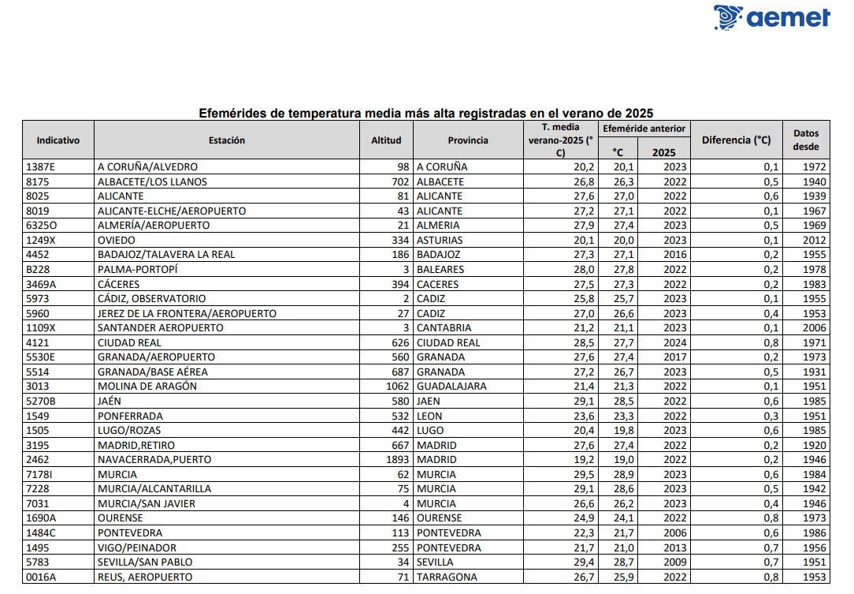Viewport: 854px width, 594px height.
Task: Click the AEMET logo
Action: (771, 17)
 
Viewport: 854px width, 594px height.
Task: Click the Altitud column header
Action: (386, 140)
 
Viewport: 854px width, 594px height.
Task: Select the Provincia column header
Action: (468, 140)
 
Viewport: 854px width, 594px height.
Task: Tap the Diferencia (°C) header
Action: (736, 140)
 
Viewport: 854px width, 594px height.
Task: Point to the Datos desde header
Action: (806, 140)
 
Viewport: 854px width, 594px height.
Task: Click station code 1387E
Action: (42, 167)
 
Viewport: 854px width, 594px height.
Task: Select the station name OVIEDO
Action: (117, 240)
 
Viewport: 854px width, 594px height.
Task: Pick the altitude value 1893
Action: (396, 460)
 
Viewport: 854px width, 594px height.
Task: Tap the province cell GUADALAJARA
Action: (451, 387)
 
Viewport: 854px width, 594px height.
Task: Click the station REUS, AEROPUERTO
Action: (145, 577)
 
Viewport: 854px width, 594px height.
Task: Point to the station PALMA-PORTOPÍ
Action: (138, 269)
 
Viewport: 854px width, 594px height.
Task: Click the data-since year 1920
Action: (815, 445)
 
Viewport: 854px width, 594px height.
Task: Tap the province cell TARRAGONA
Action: (447, 577)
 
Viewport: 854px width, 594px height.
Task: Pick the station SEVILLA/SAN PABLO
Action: (145, 562)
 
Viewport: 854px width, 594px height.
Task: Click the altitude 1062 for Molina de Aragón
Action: (396, 387)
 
